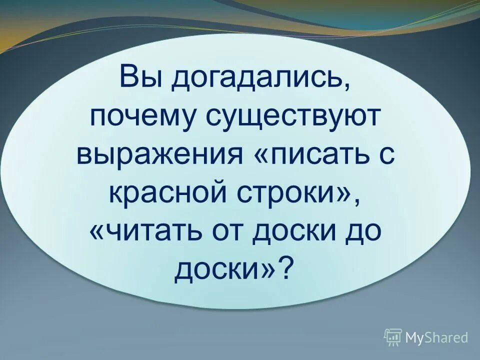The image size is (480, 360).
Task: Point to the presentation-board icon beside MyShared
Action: tap(393, 337)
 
